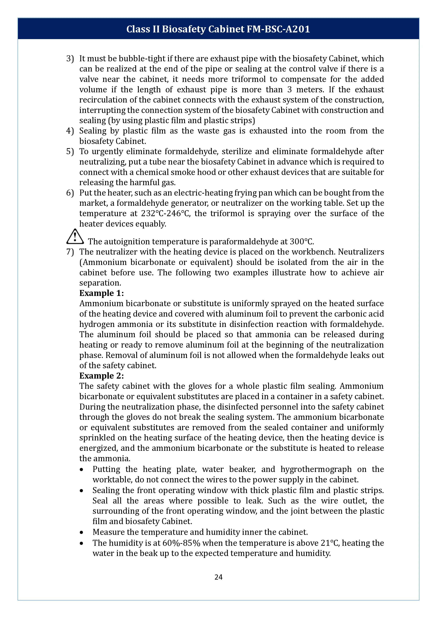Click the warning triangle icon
tap(75, 237)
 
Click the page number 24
tap(218, 577)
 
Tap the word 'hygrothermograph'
tap(316, 469)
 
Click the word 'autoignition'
tap(127, 242)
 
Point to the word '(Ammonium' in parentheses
tap(103, 262)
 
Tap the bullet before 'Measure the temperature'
tap(82, 532)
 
